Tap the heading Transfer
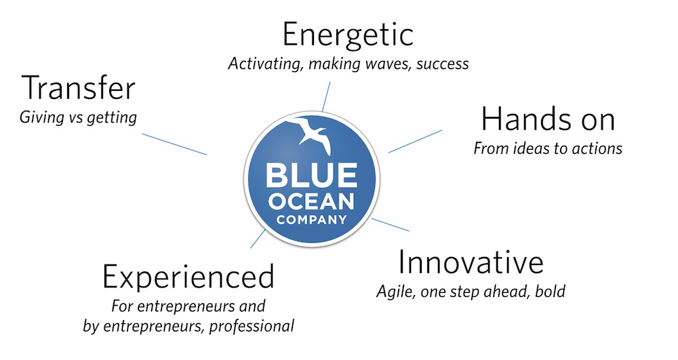click(x=78, y=87)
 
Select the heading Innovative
click(x=471, y=262)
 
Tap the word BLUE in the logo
click(x=311, y=175)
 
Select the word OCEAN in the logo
click(x=311, y=201)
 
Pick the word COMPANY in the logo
click(x=312, y=220)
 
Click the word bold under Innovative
click(x=550, y=292)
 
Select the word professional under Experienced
click(x=252, y=326)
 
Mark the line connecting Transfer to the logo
click(x=174, y=144)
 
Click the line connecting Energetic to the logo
click(x=326, y=97)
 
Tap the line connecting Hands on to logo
click(x=415, y=141)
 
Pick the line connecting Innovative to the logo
click(x=390, y=224)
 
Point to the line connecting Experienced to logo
click(x=258, y=239)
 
